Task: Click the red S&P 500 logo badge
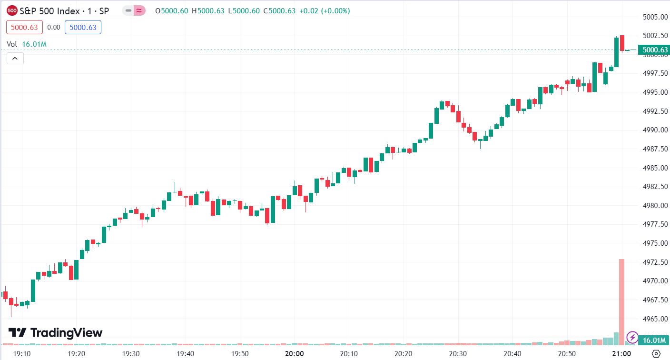(x=12, y=10)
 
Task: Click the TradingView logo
(x=55, y=332)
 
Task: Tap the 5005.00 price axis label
(x=653, y=17)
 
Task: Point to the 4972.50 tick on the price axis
(x=653, y=262)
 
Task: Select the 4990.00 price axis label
(x=653, y=130)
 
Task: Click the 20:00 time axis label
(x=294, y=354)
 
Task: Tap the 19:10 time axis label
(x=22, y=354)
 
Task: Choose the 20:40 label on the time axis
(x=512, y=354)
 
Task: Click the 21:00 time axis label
(x=621, y=354)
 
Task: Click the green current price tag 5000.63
(x=654, y=50)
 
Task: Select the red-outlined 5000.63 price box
(x=24, y=28)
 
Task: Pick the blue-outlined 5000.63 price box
(x=83, y=28)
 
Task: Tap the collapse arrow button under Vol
(x=15, y=59)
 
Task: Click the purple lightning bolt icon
(x=632, y=338)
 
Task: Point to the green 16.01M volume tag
(x=654, y=340)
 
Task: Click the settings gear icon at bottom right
(x=656, y=353)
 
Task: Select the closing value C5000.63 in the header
(x=281, y=10)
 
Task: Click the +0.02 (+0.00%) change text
(x=325, y=10)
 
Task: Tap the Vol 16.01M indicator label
(x=27, y=44)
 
